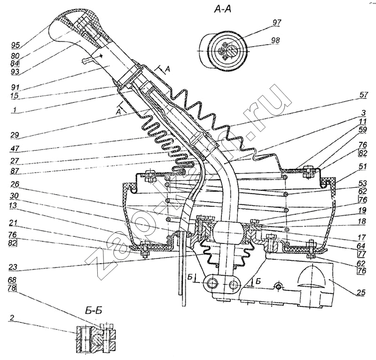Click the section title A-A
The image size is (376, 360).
click(223, 10)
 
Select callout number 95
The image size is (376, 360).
click(16, 45)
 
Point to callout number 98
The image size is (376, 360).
click(275, 40)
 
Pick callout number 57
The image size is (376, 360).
click(363, 94)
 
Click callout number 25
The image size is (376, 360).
click(361, 292)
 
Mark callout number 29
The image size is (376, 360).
click(15, 135)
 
